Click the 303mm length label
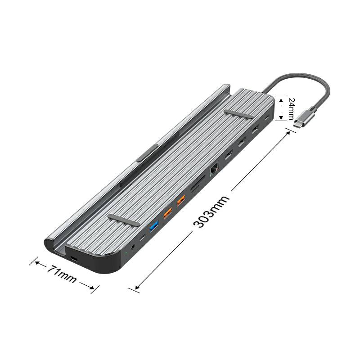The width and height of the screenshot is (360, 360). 211,211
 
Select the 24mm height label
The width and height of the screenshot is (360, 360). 291,109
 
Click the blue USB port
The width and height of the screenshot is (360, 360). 154,226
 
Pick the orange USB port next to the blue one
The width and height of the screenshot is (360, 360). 167,213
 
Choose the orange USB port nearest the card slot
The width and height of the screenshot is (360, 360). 181,200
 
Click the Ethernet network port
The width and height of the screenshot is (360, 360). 214,169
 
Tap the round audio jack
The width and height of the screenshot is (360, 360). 132,247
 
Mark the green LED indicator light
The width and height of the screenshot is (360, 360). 126,254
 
